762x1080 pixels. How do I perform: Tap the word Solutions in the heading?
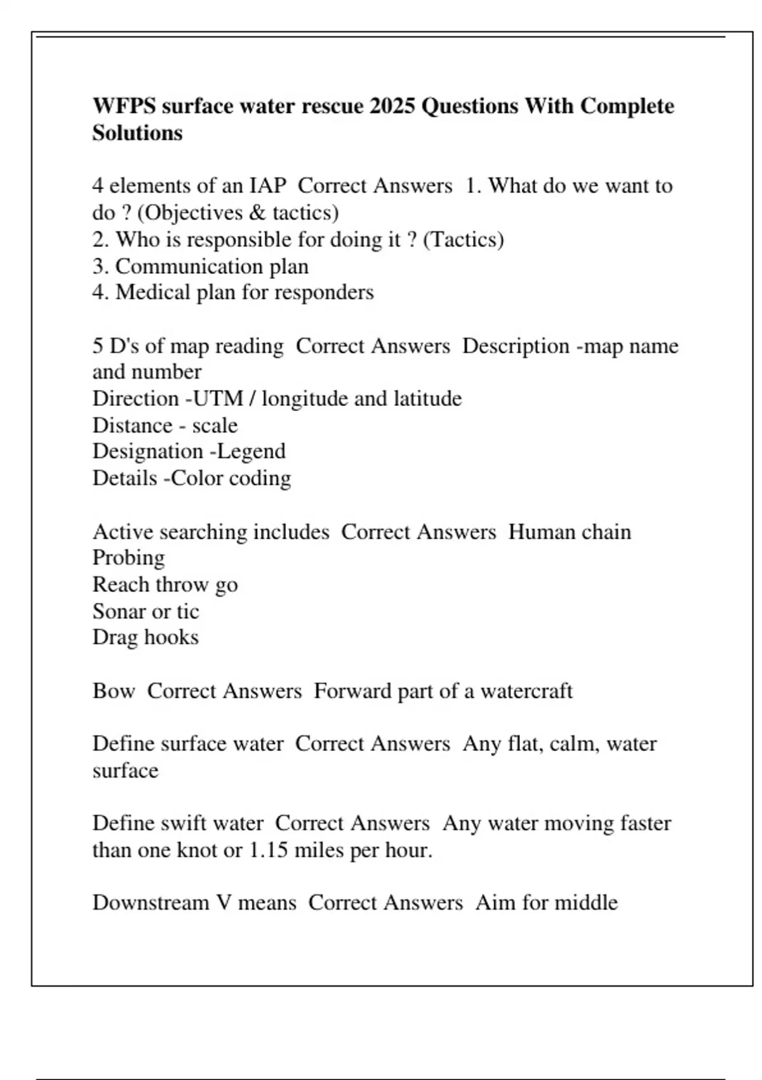(x=137, y=133)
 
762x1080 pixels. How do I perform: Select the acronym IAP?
(x=267, y=186)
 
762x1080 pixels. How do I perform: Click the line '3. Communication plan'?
(x=200, y=266)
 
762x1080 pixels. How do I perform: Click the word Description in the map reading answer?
(x=516, y=346)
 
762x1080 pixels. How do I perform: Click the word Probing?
(x=128, y=558)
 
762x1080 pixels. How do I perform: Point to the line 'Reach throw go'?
(x=165, y=584)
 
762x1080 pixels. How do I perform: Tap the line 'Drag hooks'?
(x=145, y=637)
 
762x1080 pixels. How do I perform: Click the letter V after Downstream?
(x=224, y=903)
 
